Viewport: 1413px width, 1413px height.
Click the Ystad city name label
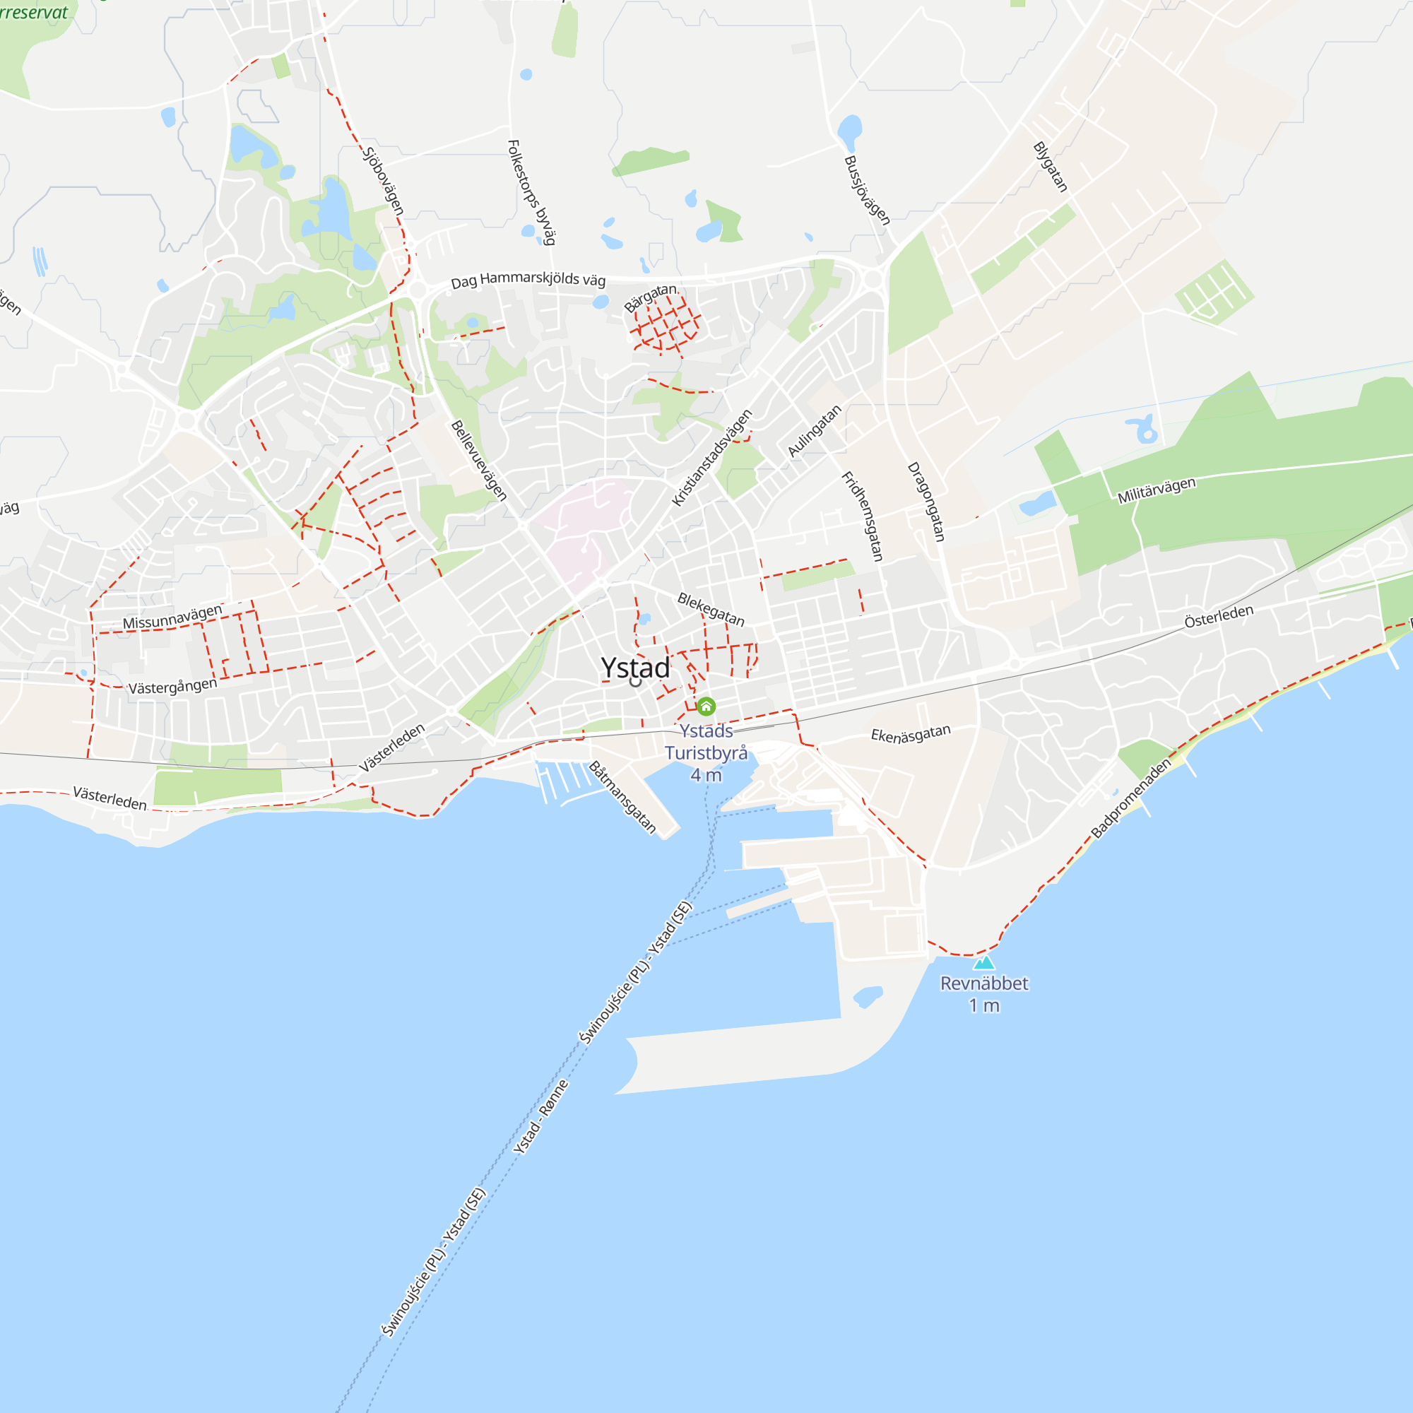[635, 668]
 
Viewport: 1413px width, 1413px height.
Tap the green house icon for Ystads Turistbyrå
[706, 706]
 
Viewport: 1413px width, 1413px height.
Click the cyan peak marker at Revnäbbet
[983, 962]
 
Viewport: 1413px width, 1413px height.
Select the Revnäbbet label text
[983, 983]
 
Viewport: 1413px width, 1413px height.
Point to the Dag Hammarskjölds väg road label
[528, 279]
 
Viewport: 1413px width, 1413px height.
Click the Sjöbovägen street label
[383, 182]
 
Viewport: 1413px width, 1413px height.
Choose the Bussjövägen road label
[867, 190]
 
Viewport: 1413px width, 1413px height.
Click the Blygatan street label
[1051, 167]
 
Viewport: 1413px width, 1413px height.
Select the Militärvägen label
[1157, 490]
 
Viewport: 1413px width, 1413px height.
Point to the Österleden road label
[1219, 616]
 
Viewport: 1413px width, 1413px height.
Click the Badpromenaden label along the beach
[1130, 798]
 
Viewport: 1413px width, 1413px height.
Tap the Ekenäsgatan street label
[911, 733]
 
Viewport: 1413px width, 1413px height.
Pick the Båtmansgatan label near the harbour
[622, 797]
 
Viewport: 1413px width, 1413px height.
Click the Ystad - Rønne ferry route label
[540, 1117]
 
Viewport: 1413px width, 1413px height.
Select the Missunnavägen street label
[172, 617]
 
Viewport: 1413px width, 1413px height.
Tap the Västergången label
[172, 686]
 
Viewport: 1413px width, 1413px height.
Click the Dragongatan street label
[926, 502]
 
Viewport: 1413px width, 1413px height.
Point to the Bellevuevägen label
[478, 460]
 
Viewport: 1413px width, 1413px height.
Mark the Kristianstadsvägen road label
[711, 458]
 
